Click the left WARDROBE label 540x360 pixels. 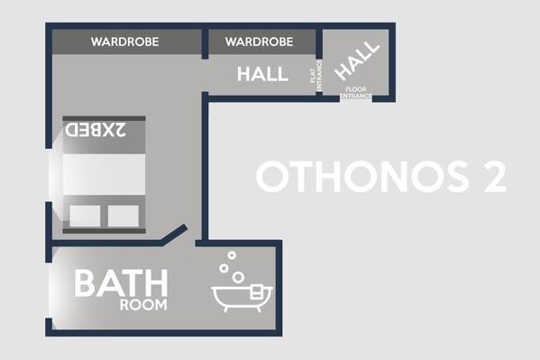[x=124, y=42]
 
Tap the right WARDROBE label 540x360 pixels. [x=260, y=42]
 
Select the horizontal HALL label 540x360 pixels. [x=262, y=74]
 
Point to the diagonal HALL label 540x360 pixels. [x=357, y=60]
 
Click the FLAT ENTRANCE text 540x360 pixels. [x=316, y=76]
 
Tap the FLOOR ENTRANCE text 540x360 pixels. [x=356, y=92]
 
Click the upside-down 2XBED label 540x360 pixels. [x=96, y=130]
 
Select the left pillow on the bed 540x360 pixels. [x=85, y=216]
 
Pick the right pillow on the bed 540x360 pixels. [x=124, y=216]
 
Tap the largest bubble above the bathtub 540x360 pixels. [x=238, y=277]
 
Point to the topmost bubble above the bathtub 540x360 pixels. [x=232, y=255]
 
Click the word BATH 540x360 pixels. [x=121, y=283]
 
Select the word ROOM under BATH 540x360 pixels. [x=143, y=305]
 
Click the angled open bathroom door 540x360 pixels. [x=175, y=235]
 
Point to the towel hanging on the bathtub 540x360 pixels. [x=257, y=291]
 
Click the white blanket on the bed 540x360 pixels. [x=104, y=174]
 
